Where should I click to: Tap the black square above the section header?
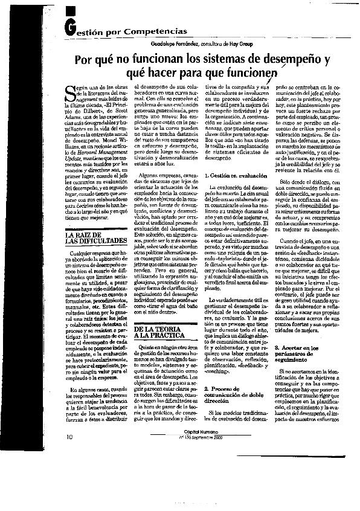[x=71, y=10]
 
